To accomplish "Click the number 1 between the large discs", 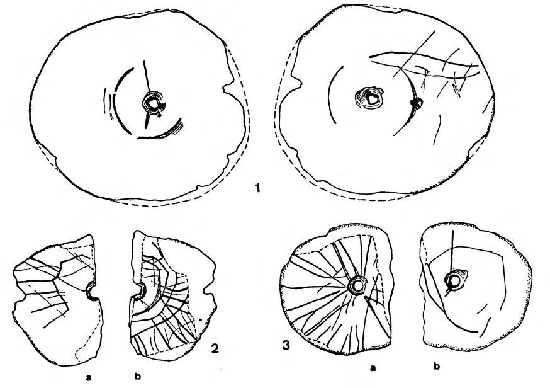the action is coord(258,188).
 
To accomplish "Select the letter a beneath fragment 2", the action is coord(88,377).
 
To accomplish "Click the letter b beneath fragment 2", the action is coord(138,377).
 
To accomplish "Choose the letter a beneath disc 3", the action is coord(373,368).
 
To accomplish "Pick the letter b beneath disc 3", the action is coord(437,367).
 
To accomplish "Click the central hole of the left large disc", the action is coord(153,103).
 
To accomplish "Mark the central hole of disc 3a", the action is coord(358,286).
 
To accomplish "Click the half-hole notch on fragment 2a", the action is coord(92,292).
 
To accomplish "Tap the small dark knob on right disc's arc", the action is coord(417,103).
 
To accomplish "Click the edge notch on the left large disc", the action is coord(228,87).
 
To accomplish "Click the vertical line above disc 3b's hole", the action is coord(453,252).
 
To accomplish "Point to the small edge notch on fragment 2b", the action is coord(207,291).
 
